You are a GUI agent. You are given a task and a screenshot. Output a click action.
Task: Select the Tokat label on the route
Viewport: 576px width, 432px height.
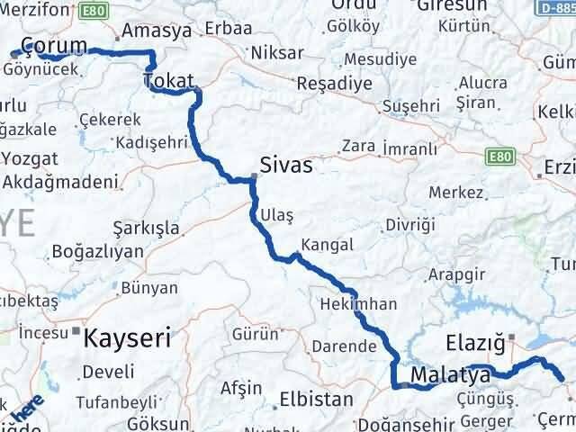click(x=168, y=83)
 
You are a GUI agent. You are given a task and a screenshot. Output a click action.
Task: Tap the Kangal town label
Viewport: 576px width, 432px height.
click(x=328, y=245)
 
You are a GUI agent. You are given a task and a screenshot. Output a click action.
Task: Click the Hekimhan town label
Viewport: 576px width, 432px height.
click(x=357, y=304)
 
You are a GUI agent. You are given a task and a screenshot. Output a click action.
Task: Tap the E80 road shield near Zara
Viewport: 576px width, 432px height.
click(x=500, y=157)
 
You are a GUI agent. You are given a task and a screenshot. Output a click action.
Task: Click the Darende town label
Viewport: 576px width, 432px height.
click(x=342, y=346)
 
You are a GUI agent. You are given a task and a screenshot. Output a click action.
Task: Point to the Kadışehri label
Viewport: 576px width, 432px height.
click(x=151, y=142)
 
